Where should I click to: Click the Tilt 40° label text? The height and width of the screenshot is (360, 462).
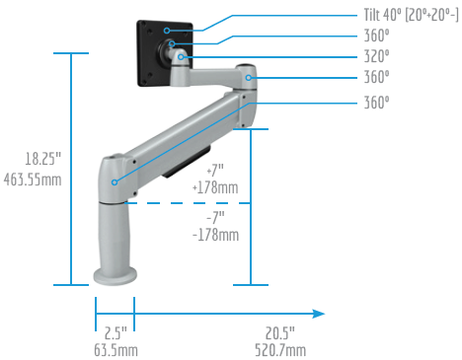tap(383, 15)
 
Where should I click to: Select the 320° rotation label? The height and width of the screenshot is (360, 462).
tap(376, 56)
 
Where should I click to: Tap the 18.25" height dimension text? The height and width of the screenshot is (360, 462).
tap(43, 159)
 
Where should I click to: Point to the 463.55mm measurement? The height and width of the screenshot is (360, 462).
tap(33, 180)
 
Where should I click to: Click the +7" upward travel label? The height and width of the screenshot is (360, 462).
tap(215, 171)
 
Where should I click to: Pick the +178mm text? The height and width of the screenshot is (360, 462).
tap(215, 187)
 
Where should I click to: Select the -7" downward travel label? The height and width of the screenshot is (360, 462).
tap(215, 217)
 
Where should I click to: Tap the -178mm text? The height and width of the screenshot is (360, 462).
tap(215, 235)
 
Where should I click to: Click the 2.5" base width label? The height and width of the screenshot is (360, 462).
tap(115, 333)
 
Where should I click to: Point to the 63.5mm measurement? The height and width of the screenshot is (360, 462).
tap(115, 350)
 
